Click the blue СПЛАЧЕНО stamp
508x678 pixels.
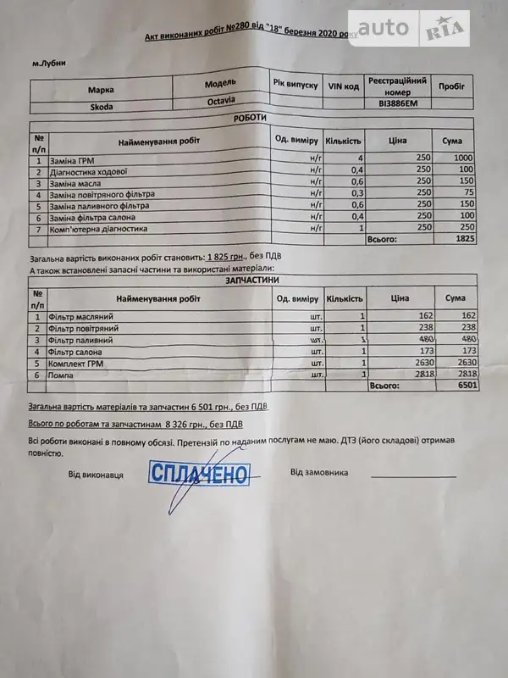tap(199, 473)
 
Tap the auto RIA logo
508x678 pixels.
tap(409, 31)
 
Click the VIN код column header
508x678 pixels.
tap(344, 86)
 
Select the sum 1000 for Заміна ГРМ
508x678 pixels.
tap(462, 159)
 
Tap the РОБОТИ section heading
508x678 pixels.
tap(250, 119)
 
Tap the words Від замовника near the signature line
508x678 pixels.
tap(319, 472)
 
